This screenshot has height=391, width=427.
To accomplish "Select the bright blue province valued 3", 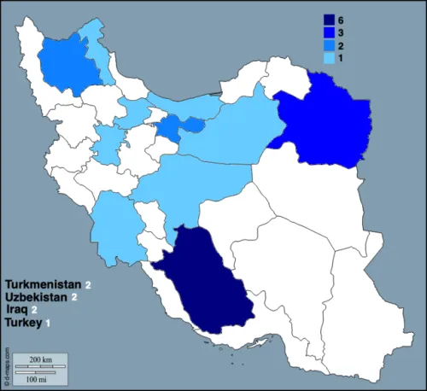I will click(329, 120).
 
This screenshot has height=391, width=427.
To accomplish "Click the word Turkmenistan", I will click(43, 283).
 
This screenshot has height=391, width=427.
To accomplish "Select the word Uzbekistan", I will click(38, 296).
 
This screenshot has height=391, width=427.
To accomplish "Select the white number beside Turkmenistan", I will click(87, 283).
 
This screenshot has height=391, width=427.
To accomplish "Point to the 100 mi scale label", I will click(36, 377).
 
